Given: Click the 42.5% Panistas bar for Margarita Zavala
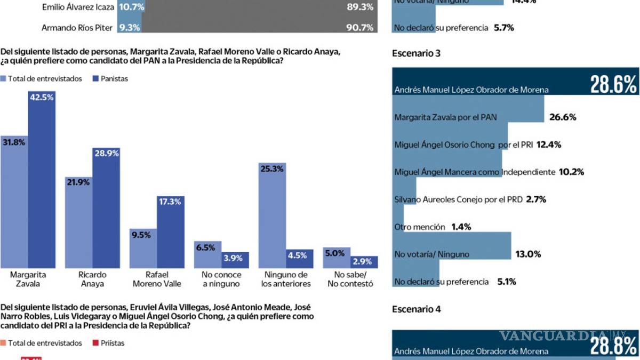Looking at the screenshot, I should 42,181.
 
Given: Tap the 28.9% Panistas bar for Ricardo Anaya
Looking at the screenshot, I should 106,211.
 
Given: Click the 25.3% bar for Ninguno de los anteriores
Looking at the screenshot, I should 272,216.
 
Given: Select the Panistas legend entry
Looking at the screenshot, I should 110,79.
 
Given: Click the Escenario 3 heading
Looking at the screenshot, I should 416,53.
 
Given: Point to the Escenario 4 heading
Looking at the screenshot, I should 416,309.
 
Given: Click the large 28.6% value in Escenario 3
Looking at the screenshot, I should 613,84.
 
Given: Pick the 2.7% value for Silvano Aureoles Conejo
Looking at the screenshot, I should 536,199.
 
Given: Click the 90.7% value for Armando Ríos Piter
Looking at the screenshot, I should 359,27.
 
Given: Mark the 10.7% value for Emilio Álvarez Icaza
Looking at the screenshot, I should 131,7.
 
